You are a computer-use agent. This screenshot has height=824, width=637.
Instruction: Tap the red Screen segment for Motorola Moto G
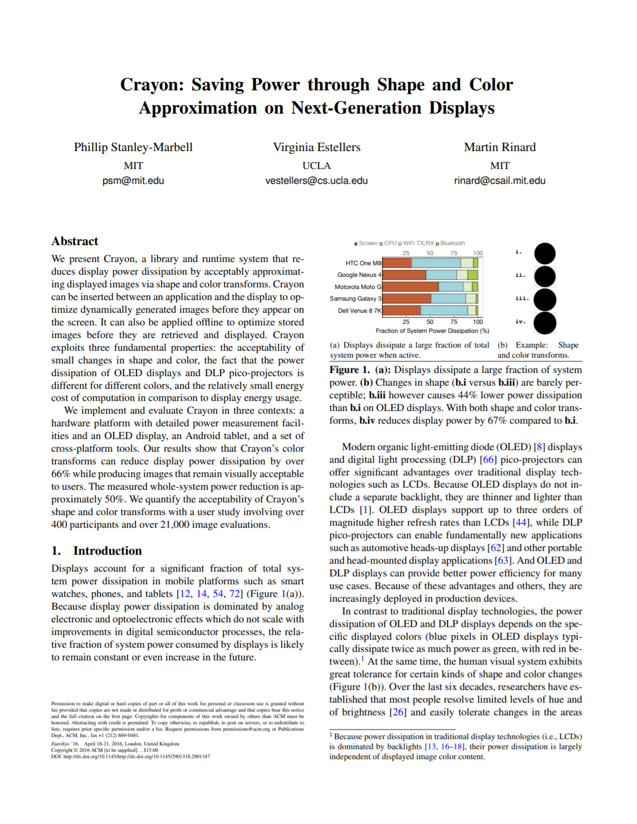410,286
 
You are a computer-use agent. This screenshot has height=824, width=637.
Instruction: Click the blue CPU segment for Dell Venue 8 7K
444,310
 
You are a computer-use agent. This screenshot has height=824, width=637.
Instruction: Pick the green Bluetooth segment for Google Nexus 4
473,275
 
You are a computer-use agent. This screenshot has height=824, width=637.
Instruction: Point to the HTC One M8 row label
363,263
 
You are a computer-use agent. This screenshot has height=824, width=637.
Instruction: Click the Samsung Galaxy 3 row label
355,298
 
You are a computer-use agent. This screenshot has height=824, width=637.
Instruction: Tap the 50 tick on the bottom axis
430,322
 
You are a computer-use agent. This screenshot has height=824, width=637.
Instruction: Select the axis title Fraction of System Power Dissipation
432,331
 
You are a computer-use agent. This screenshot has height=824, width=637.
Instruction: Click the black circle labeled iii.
545,299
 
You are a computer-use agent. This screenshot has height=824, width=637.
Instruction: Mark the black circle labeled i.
545,253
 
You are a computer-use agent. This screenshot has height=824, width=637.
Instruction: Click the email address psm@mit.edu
133,181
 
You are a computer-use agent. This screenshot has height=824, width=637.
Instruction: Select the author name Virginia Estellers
316,147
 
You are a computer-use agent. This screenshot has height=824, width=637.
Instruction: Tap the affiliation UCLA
316,166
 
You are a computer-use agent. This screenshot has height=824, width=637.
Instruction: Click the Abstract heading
75,241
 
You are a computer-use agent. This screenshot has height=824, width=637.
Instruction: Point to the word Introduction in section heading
107,551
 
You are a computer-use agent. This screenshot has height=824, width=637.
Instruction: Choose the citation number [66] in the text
488,460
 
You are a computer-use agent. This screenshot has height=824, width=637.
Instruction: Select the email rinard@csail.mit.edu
500,181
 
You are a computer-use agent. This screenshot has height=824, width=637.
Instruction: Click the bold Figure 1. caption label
349,370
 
